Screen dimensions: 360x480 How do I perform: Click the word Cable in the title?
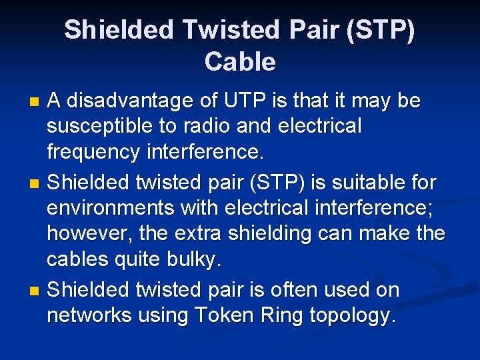(x=239, y=61)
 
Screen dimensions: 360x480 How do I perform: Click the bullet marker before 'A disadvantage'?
(x=36, y=102)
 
